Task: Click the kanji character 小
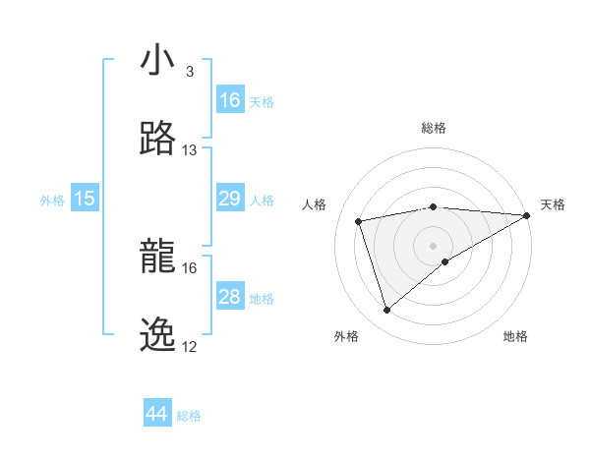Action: coord(157,62)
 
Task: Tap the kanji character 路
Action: coord(157,139)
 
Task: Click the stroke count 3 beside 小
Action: coord(190,72)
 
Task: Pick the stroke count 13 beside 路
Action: coord(190,149)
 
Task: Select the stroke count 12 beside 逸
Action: coord(190,346)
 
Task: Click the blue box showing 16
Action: coord(230,100)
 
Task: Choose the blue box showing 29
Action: coord(230,199)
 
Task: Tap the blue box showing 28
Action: coord(230,297)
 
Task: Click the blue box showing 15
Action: coord(85,199)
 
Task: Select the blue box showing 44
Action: coord(157,414)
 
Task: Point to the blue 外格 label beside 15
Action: coord(52,201)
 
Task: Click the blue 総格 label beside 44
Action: coord(189,416)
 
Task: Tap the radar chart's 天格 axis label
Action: coord(553,204)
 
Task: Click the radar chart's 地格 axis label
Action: coord(515,336)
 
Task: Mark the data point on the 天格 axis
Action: coord(526,215)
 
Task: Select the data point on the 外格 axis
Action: coord(386,311)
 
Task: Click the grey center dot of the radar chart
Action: coord(433,246)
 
